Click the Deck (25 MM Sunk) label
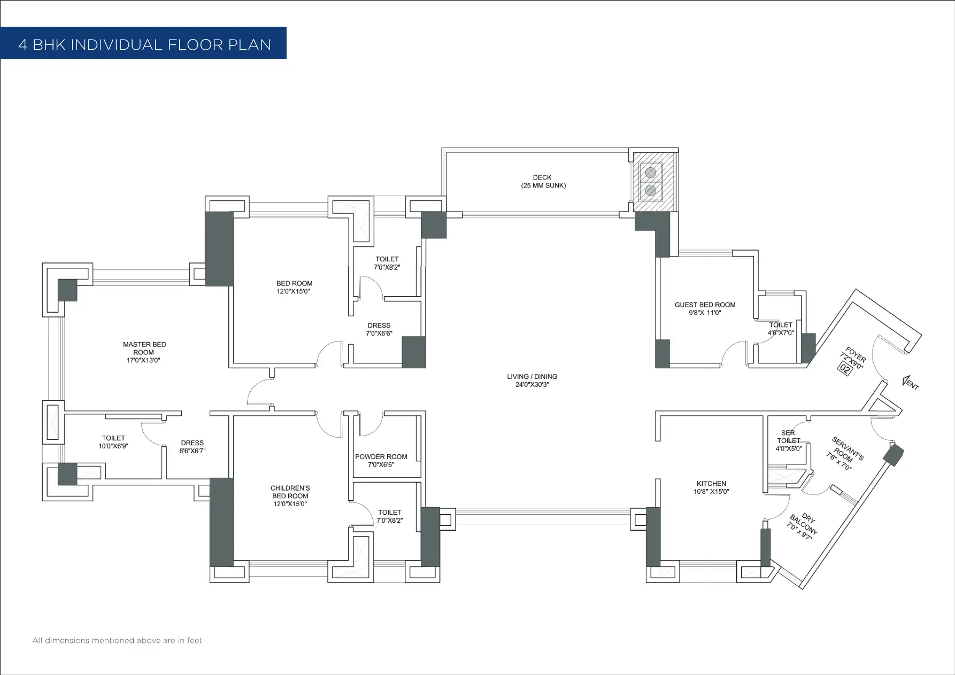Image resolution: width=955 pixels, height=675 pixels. tap(543, 181)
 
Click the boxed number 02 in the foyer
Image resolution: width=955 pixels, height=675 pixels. tap(845, 368)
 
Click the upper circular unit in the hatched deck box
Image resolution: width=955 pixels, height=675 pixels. tap(651, 173)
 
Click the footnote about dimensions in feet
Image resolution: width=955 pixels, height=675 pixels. tap(118, 640)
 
